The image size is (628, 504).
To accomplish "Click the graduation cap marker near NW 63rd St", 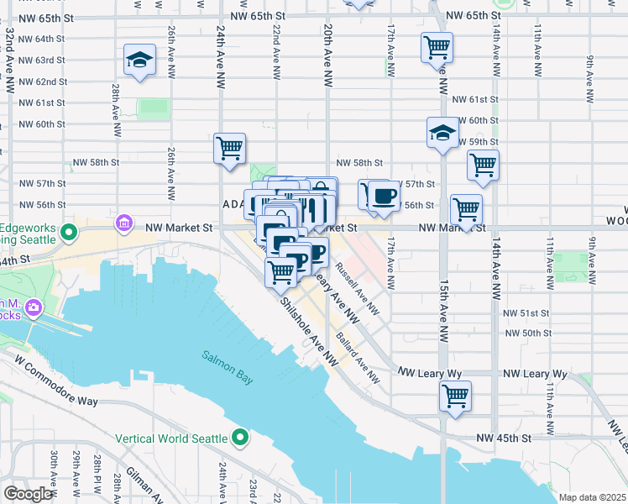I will pyautogui.click(x=139, y=60).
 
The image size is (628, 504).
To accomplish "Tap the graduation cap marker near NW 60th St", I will pyautogui.click(x=442, y=133).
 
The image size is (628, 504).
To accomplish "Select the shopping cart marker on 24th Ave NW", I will pyautogui.click(x=229, y=150).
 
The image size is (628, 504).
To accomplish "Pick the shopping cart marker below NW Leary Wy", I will pyautogui.click(x=455, y=395).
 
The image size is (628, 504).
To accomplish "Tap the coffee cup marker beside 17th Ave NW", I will pyautogui.click(x=384, y=197).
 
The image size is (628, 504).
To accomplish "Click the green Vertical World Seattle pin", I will pyautogui.click(x=240, y=438).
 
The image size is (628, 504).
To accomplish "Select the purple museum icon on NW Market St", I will pyautogui.click(x=124, y=223).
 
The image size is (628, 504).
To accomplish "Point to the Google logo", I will pyautogui.click(x=29, y=494).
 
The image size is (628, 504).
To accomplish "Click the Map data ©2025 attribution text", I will pyautogui.click(x=591, y=497).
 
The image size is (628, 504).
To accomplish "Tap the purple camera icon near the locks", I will pyautogui.click(x=34, y=307).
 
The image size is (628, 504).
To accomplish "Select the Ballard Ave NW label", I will pyautogui.click(x=358, y=360).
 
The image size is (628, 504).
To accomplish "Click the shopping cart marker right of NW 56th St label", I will pyautogui.click(x=466, y=210).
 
